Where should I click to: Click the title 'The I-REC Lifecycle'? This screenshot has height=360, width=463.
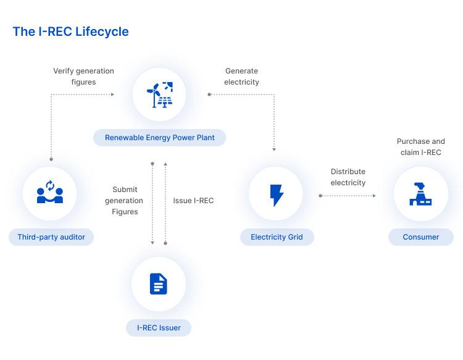click(x=70, y=31)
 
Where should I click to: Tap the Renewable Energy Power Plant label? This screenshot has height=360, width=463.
click(x=159, y=137)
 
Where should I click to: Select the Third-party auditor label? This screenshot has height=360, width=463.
click(x=51, y=237)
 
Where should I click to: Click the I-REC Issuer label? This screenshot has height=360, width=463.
click(x=159, y=328)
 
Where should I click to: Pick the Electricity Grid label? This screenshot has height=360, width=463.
click(x=277, y=237)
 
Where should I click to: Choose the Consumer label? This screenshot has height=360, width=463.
click(x=420, y=237)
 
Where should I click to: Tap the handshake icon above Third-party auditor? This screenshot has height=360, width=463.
click(x=50, y=193)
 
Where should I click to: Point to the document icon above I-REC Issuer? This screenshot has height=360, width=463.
click(x=159, y=284)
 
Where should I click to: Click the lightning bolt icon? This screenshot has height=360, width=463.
click(x=276, y=194)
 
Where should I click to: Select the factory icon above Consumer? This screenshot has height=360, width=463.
click(x=420, y=193)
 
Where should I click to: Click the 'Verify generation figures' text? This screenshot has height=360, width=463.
click(x=83, y=77)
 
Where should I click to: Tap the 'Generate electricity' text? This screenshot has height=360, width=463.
click(x=242, y=77)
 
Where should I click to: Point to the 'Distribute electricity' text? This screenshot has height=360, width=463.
click(x=348, y=177)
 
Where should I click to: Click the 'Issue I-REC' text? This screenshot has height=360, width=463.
click(x=193, y=201)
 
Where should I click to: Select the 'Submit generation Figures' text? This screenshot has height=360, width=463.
click(x=125, y=201)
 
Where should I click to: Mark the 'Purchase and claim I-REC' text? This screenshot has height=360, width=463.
click(x=420, y=147)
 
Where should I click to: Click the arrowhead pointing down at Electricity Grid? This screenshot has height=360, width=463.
click(x=273, y=149)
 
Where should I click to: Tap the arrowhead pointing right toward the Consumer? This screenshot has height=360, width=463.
click(x=373, y=196)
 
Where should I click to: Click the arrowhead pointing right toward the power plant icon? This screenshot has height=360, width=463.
click(x=112, y=94)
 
